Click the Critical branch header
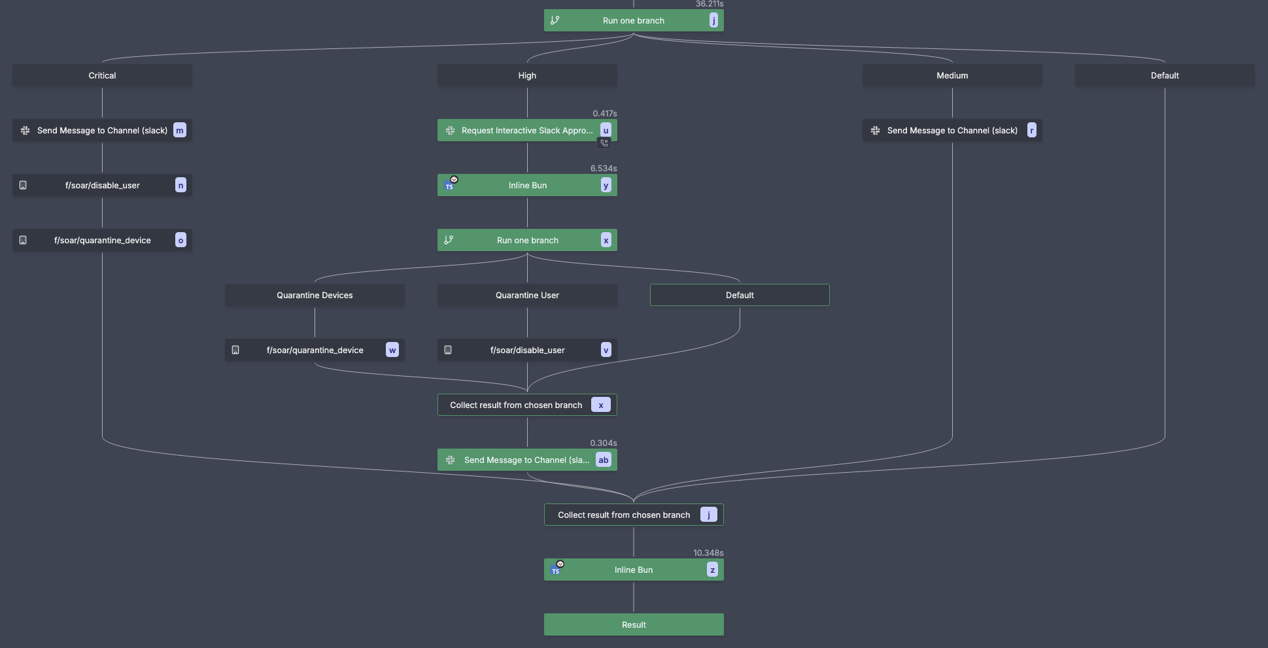[102, 75]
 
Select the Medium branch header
[951, 75]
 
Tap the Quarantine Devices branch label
[315, 295]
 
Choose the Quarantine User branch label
[527, 295]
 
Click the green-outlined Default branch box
[740, 295]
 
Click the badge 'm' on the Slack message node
[179, 130]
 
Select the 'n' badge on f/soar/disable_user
[180, 185]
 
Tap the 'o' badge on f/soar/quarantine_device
[180, 240]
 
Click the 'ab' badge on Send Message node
[603, 460]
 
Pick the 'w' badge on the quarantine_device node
[392, 350]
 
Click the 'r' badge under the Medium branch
[1031, 130]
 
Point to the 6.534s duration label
[603, 168]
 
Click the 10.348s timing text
[708, 553]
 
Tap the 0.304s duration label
[603, 443]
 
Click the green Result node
[634, 624]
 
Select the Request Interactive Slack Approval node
[523, 130]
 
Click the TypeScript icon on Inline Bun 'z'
[556, 570]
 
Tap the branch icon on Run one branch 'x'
[449, 240]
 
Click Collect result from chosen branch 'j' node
[624, 515]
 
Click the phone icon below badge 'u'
[604, 143]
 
